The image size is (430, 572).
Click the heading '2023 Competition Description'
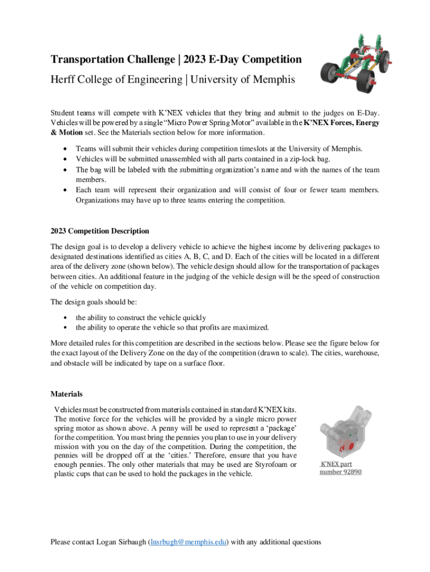pyautogui.click(x=100, y=231)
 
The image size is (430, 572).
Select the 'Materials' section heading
pyautogui.click(x=66, y=394)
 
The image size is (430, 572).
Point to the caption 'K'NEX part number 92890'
pyautogui.click(x=340, y=468)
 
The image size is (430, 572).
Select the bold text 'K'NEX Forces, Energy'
pyautogui.click(x=341, y=123)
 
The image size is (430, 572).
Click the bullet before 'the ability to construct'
pyautogui.click(x=67, y=317)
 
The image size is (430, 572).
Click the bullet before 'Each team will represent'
pyautogui.click(x=67, y=190)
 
